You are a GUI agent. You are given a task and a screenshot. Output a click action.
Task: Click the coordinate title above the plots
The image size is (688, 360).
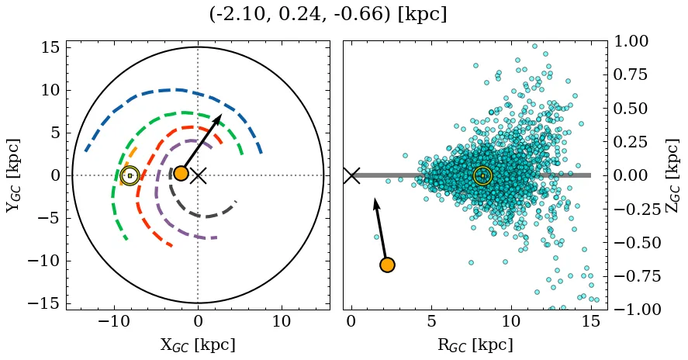tap(328, 15)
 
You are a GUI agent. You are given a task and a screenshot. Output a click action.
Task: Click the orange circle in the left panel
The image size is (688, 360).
tap(181, 173)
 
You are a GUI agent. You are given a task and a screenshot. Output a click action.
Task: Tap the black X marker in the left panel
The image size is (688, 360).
tap(199, 175)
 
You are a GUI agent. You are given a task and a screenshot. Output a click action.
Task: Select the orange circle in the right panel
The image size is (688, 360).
tap(387, 265)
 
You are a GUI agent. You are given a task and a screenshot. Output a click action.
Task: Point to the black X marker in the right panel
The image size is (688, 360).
tap(351, 175)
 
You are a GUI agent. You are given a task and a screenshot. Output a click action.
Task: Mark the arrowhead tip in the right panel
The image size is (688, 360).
tap(375, 199)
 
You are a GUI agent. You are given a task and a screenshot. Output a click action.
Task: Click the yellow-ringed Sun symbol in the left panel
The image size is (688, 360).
tap(130, 175)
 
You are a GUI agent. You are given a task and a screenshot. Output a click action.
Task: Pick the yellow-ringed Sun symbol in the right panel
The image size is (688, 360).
tap(482, 175)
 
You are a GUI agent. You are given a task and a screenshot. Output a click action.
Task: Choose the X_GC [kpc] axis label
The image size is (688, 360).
tap(198, 345)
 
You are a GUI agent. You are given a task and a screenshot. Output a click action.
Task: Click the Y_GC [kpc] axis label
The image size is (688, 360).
tap(13, 175)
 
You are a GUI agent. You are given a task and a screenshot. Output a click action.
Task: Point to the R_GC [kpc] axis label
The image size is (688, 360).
tap(475, 345)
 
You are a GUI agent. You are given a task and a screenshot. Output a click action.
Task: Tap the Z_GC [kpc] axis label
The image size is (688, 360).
tap(672, 175)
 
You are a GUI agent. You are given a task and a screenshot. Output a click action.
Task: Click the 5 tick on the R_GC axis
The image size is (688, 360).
tap(431, 321)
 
